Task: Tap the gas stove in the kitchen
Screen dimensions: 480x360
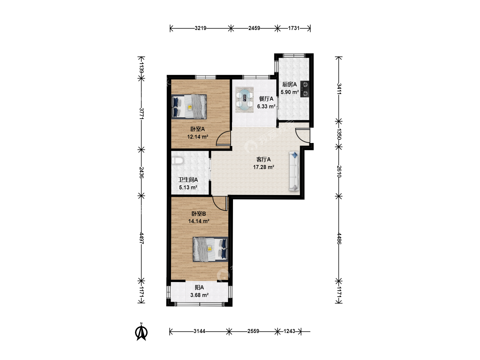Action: coord(305,89)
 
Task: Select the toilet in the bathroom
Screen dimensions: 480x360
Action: coord(177,161)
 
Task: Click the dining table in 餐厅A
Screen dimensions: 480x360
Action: coord(244,100)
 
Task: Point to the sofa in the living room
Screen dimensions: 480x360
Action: coord(294,171)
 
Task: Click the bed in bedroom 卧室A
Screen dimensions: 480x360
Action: coord(189,107)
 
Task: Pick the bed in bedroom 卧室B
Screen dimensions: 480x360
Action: coord(210,249)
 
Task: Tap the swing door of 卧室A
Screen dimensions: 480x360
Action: coord(223,138)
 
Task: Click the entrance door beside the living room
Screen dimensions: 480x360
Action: coord(303,136)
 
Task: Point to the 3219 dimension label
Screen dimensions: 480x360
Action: coord(201,28)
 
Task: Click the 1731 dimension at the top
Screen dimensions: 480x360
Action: coord(294,28)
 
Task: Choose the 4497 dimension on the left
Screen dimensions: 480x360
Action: coord(141,238)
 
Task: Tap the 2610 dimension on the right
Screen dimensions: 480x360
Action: coord(339,171)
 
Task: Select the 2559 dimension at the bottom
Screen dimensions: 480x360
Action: coord(253,331)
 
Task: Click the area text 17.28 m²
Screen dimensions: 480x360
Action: coord(264,167)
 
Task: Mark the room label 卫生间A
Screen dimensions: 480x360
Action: coord(188,180)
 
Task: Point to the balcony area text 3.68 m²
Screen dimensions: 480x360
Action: coord(199,295)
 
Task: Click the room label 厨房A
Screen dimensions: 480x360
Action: coord(290,84)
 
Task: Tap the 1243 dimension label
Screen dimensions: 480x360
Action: coord(289,331)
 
